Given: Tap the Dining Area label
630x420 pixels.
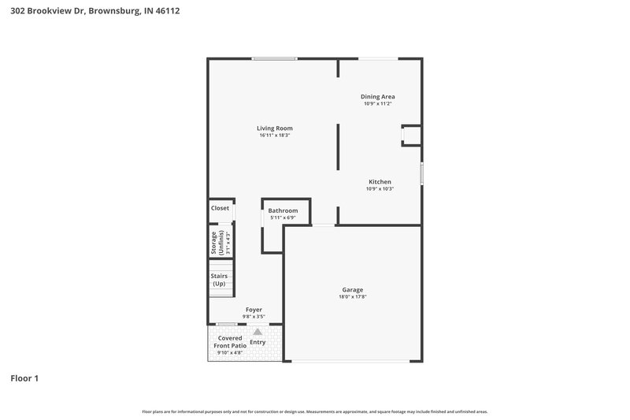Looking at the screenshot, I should [x=378, y=96].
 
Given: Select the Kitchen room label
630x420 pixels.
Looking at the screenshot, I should [x=380, y=181].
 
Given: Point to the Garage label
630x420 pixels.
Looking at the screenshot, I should [x=353, y=289].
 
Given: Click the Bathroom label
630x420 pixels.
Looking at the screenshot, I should [x=283, y=210].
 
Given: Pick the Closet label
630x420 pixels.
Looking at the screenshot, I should [x=220, y=208].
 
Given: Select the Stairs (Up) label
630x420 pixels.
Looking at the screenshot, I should [x=218, y=279].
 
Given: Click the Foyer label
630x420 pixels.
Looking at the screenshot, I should [x=254, y=310].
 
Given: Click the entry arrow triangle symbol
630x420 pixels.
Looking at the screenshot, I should [x=257, y=332].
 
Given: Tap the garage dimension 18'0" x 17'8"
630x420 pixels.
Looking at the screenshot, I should [x=353, y=297].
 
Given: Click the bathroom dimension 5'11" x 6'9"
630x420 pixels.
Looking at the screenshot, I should [x=283, y=217].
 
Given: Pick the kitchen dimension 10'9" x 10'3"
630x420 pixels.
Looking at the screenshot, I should [x=380, y=189].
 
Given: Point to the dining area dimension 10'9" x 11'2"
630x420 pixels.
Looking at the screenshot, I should [x=378, y=104].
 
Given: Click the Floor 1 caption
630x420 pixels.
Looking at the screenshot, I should [x=24, y=379].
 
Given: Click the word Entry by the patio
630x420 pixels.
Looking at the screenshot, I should [x=258, y=342].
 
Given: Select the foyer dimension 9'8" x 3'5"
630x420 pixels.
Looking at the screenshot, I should [x=254, y=317].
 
